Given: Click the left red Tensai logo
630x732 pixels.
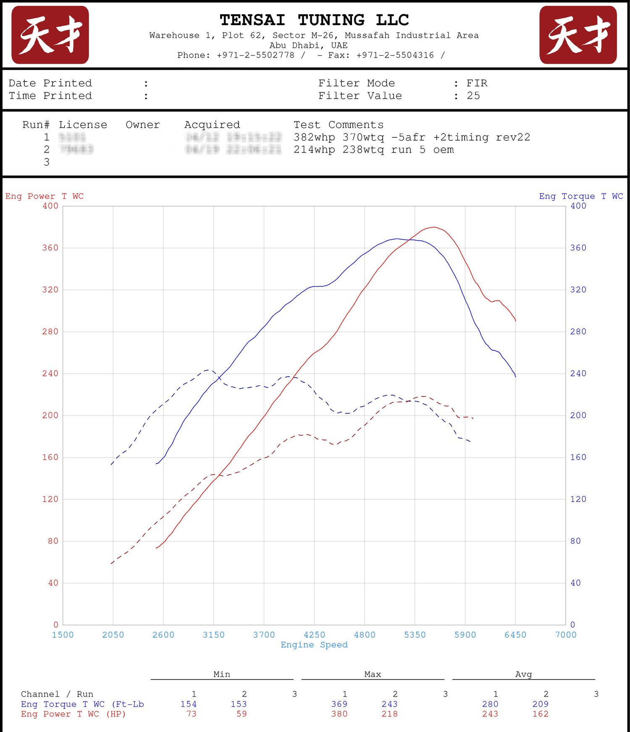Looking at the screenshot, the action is pos(50,35).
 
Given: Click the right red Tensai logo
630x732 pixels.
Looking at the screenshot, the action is pos(578,35).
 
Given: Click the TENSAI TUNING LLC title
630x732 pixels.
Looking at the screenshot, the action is pos(314,20).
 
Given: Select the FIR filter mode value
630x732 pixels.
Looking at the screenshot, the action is pos(477,83).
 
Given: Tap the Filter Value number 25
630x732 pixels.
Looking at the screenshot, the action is pos(473,96).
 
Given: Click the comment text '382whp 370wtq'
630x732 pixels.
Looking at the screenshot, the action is pos(339,137).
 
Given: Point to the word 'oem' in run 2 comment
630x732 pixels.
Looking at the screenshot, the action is pos(444,150).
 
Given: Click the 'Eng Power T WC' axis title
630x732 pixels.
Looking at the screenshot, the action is pos(44,196).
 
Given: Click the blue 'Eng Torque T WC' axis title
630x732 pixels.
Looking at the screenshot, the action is pos(581,196).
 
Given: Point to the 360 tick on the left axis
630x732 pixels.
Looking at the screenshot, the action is pos(50,248).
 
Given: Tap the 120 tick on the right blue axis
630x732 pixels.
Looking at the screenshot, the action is pos(578,499).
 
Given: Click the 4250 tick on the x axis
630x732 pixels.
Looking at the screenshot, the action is pos(314,635).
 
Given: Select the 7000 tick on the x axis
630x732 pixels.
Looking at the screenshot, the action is pos(566,635).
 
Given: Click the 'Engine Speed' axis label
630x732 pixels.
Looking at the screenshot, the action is pos(314,645).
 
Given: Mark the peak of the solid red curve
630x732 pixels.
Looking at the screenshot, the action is pos(434,227).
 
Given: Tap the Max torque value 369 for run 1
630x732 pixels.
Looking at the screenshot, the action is pos(339,704).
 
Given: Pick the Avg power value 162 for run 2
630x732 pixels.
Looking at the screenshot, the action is pos(540,714).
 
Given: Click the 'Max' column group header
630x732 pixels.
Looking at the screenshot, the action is pos(373,674).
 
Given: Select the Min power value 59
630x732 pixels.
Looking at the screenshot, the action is pos(241,714).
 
